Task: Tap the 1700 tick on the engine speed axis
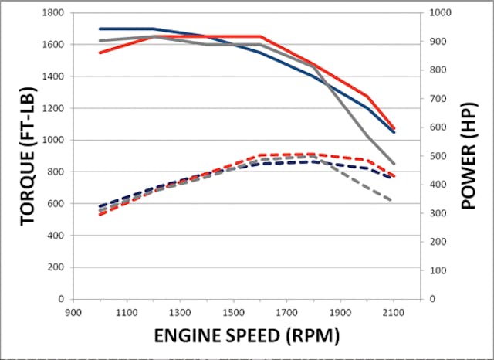(x=286, y=312)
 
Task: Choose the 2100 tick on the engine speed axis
(x=394, y=312)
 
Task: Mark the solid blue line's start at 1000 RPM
(x=100, y=29)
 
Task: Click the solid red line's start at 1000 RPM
(x=100, y=53)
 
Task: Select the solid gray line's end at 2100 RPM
(x=394, y=164)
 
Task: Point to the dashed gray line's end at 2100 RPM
(x=394, y=201)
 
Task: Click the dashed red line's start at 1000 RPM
(x=100, y=214)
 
